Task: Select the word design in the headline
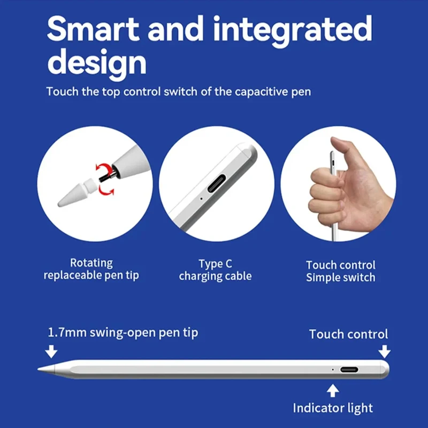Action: point(96,63)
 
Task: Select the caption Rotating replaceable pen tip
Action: point(91,269)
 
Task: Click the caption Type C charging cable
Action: point(215,270)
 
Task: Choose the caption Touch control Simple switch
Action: point(341,271)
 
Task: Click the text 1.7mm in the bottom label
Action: point(65,332)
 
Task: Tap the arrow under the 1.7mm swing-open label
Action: point(51,351)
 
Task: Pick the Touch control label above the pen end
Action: point(348,334)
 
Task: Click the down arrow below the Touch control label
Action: point(384,351)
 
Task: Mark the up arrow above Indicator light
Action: point(333,390)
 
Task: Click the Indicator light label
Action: point(333,408)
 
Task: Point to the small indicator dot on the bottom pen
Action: point(332,369)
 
